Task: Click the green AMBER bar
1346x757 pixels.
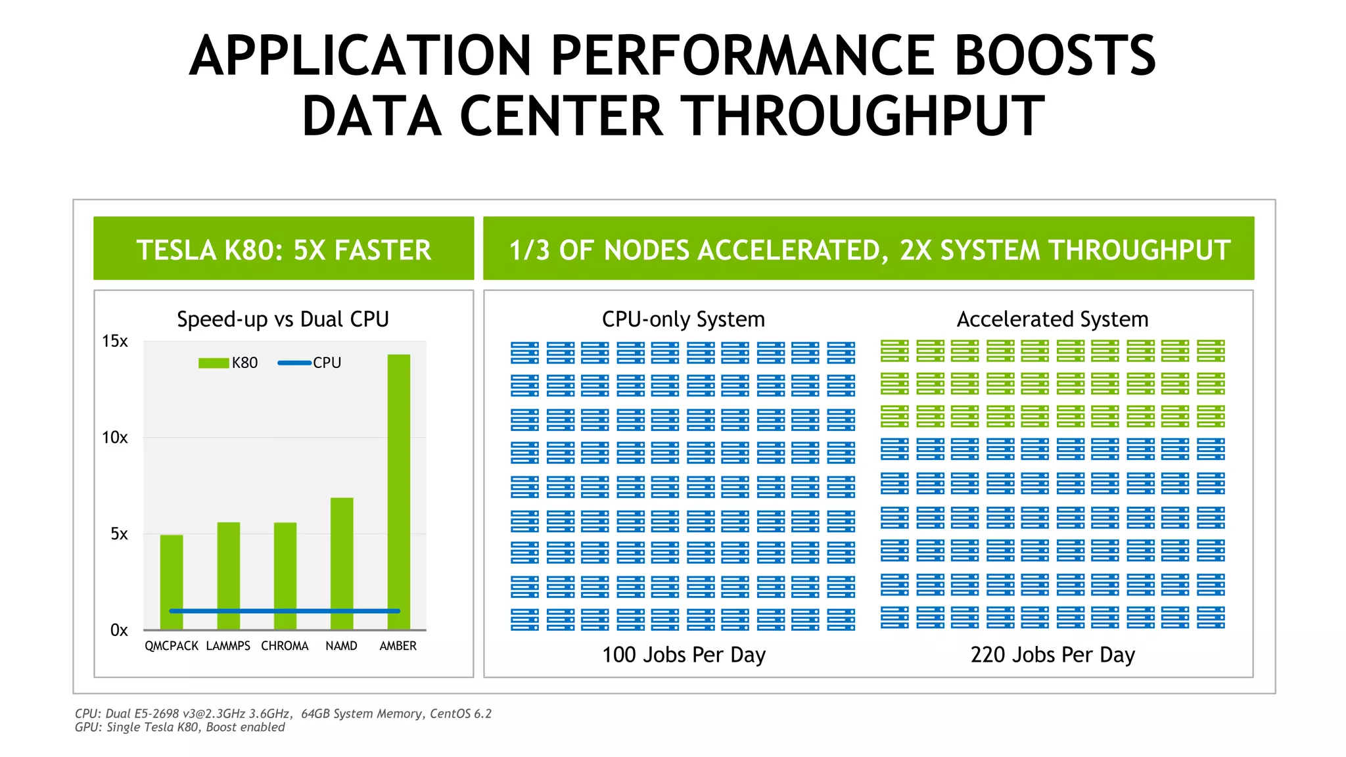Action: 398,486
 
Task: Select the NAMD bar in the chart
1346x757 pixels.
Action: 342,559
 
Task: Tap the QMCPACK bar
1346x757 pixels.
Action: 172,578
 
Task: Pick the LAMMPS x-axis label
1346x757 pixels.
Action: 228,646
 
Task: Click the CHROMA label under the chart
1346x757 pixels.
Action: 285,646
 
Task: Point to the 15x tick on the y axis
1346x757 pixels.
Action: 114,341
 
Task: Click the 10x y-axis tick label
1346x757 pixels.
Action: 114,438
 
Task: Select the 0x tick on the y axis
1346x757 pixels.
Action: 118,630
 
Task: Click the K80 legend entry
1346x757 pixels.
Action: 229,363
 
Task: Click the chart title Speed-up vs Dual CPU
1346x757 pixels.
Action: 283,319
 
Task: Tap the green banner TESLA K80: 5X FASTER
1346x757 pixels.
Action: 283,250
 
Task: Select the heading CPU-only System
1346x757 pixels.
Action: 683,319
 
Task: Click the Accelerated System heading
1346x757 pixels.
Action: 1052,319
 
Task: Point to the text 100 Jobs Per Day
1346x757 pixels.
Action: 684,654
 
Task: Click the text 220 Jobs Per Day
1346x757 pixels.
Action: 1052,654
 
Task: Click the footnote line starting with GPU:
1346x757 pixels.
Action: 179,727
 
